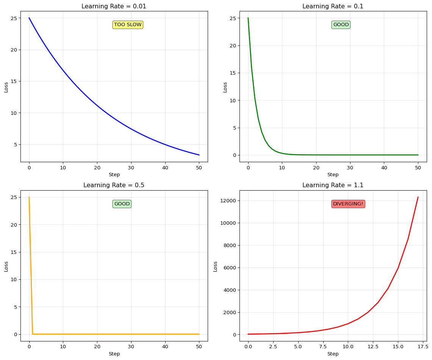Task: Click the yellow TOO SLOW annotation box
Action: (x=128, y=25)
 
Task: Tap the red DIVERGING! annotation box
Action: (x=348, y=204)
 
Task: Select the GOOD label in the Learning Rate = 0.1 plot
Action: (x=341, y=25)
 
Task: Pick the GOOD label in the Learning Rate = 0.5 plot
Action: (x=122, y=204)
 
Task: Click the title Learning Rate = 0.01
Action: (x=114, y=6)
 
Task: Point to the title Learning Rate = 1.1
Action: (x=333, y=185)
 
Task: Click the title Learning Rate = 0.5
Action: (x=114, y=185)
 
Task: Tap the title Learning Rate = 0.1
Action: (x=333, y=6)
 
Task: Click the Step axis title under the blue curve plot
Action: (x=114, y=175)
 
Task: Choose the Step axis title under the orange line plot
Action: (x=114, y=354)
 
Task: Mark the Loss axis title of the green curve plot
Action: (x=225, y=87)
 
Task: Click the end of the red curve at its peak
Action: (x=418, y=197)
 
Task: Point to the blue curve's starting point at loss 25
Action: (x=29, y=18)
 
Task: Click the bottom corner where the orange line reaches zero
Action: (x=33, y=334)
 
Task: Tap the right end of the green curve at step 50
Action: (x=418, y=155)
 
